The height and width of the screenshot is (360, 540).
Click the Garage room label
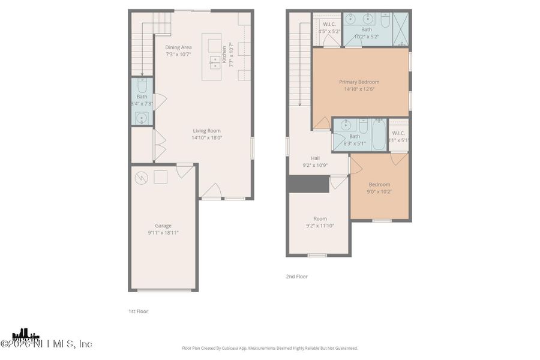(x=163, y=226)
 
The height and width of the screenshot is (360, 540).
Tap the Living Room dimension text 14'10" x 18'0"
(x=206, y=137)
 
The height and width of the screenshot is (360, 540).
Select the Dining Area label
(x=179, y=47)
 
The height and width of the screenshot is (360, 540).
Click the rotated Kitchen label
(x=225, y=55)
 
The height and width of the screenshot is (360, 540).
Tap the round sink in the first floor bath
(x=142, y=118)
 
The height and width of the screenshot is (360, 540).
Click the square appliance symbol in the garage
(x=160, y=176)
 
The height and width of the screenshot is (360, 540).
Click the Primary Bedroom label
(x=359, y=82)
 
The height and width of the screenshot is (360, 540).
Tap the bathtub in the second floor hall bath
(x=379, y=135)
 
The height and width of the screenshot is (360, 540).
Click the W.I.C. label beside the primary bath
(x=328, y=24)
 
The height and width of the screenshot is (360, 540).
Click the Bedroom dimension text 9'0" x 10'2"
(x=379, y=191)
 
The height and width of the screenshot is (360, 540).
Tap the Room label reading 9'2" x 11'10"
(x=320, y=219)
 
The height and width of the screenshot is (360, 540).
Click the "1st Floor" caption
(x=138, y=311)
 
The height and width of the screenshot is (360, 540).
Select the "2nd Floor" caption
(x=296, y=277)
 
